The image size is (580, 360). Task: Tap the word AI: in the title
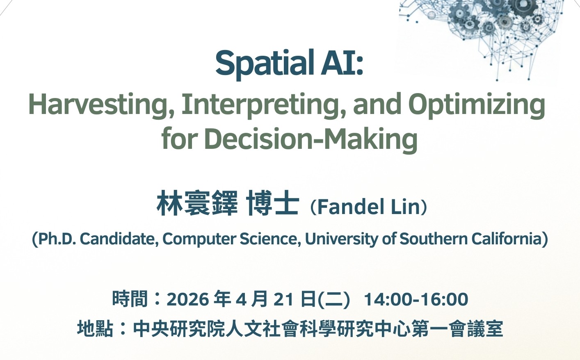coord(342,63)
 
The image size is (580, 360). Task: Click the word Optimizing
coord(477,106)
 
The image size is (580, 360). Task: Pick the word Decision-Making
coord(311,139)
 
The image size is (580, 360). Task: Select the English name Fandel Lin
coord(368,207)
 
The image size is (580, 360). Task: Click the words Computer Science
coord(231,239)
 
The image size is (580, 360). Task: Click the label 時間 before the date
coord(130,299)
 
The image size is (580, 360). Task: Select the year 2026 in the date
coord(188,299)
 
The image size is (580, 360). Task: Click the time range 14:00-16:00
coord(416,299)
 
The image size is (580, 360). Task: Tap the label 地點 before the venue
coord(95,329)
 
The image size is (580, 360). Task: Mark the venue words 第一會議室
coord(457,329)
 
